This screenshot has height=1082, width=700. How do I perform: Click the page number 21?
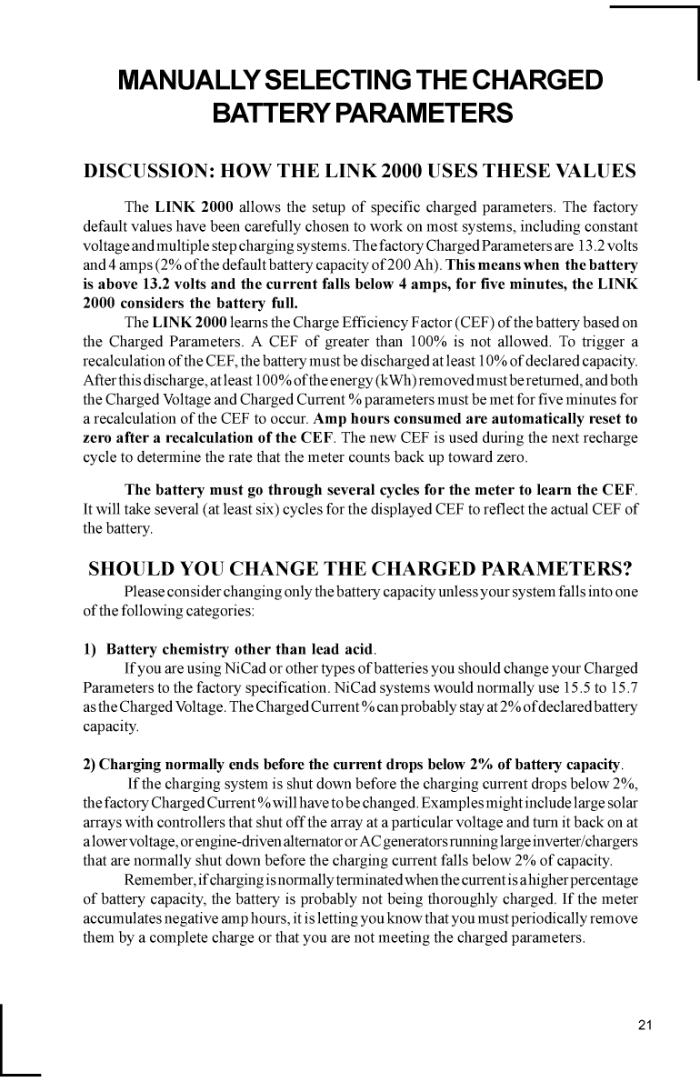(x=645, y=1026)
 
